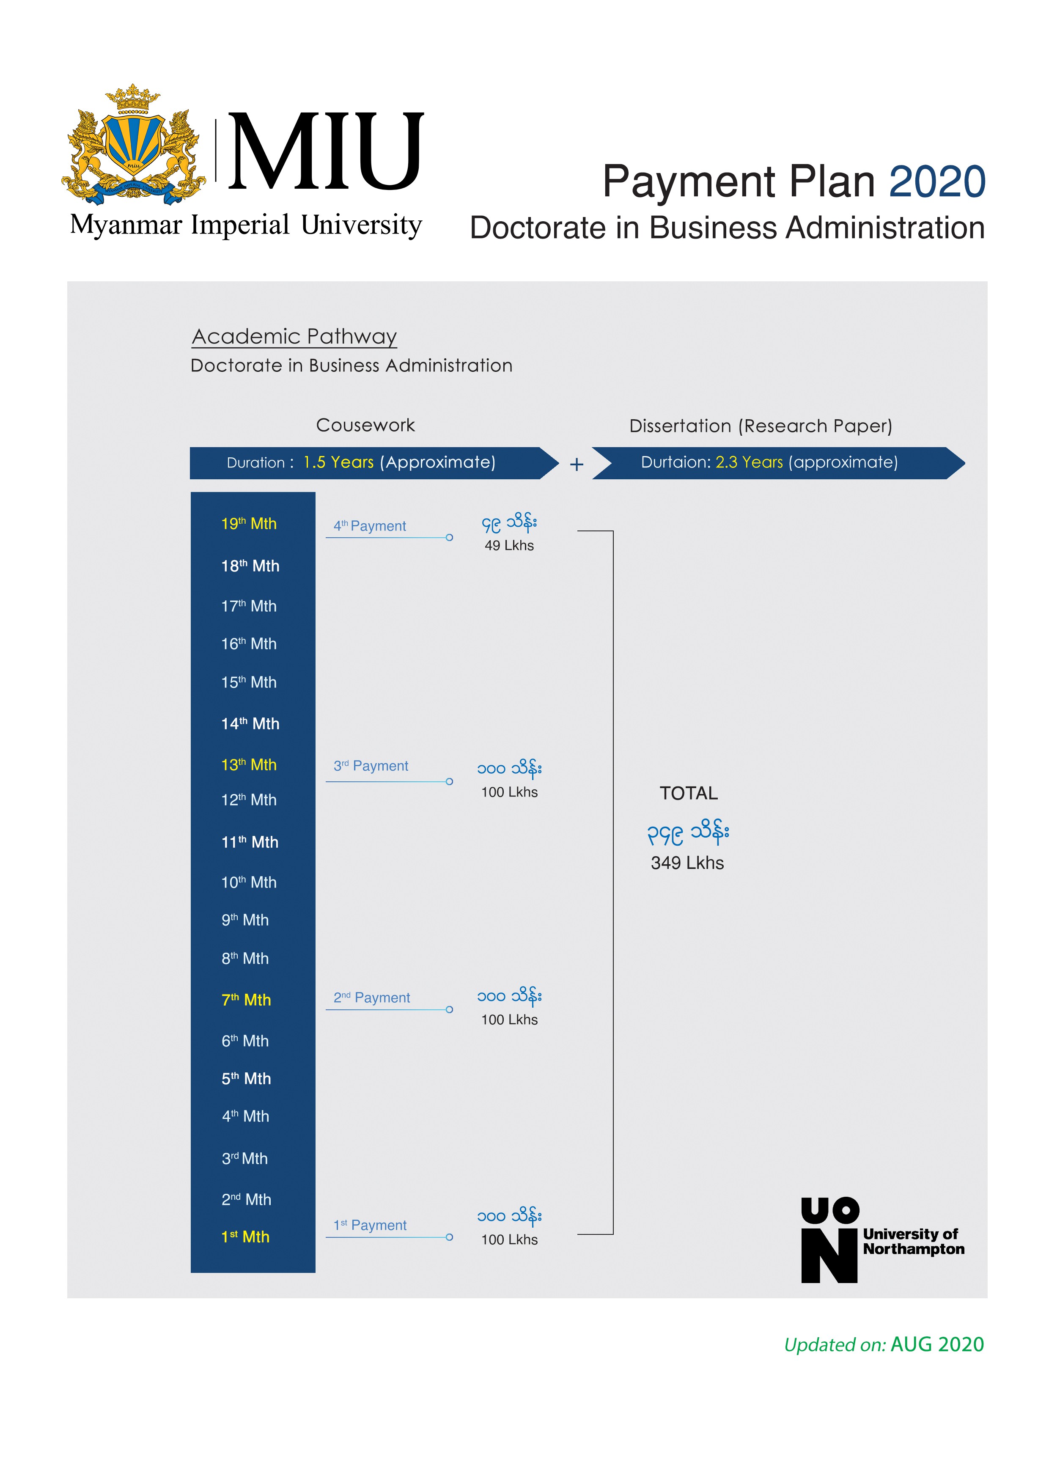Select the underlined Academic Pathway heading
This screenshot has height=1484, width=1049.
click(295, 337)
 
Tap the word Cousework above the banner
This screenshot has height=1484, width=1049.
click(365, 425)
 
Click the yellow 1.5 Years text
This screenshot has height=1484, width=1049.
click(339, 462)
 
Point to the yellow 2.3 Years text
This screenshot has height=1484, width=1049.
click(749, 462)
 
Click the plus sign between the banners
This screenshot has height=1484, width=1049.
click(577, 464)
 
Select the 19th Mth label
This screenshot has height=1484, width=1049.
click(249, 524)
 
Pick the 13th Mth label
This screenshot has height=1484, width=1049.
click(249, 764)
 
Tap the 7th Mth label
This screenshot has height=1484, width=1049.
click(246, 1000)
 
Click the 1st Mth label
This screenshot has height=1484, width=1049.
click(246, 1237)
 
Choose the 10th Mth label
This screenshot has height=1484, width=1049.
click(249, 882)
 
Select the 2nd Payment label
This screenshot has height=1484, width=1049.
click(372, 998)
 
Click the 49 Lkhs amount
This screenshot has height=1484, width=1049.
click(509, 546)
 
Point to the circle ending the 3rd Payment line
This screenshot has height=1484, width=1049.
click(449, 781)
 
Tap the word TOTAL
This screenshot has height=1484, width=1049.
click(688, 793)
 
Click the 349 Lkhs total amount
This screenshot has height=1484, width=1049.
click(687, 863)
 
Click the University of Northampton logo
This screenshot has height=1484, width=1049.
click(882, 1239)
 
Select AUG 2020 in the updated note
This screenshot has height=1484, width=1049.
click(937, 1344)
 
